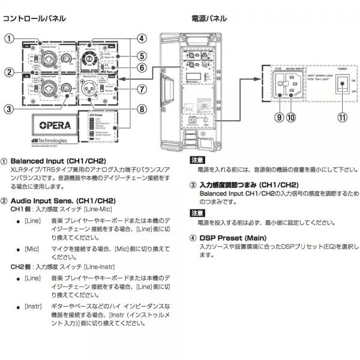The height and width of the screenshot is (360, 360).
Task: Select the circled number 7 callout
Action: (142, 89)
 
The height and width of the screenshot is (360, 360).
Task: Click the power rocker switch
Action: (342, 85)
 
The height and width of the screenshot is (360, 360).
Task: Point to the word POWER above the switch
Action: (341, 69)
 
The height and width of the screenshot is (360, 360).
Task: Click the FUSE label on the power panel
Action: (278, 69)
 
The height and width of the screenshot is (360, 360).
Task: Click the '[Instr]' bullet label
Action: (33, 306)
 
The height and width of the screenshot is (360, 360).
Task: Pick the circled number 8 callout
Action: (142, 109)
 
